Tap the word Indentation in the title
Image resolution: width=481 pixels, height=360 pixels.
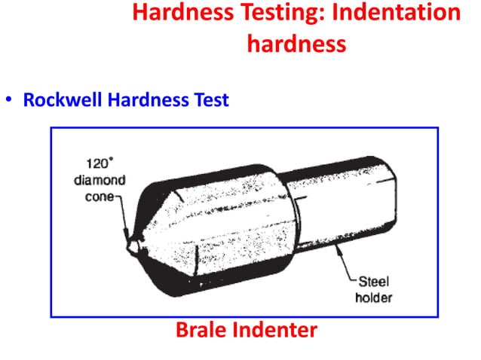396,13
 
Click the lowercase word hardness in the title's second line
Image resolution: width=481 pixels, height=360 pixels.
296,43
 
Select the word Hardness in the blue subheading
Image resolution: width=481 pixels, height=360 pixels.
142,99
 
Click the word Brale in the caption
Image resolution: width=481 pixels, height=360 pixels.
201,329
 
